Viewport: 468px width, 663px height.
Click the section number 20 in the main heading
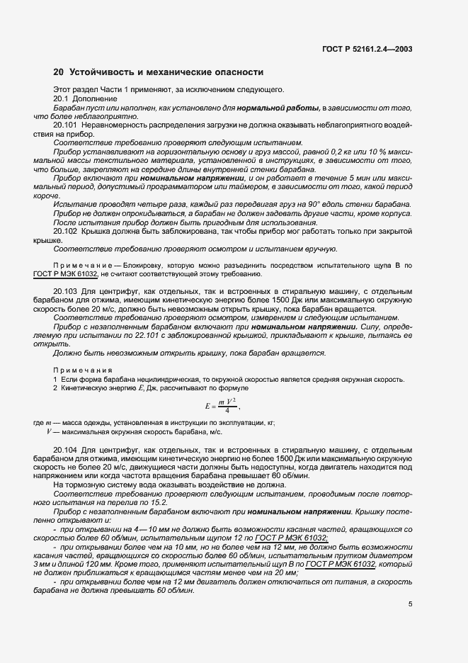click(59, 72)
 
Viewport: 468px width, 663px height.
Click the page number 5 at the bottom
click(410, 604)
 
